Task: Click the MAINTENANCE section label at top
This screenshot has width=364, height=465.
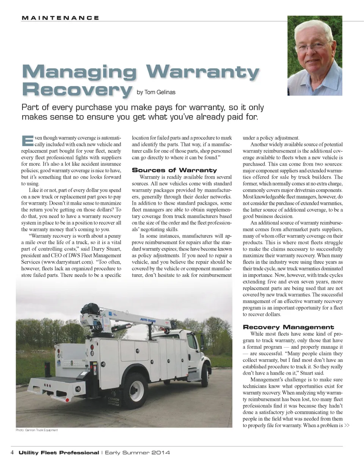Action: tap(60, 18)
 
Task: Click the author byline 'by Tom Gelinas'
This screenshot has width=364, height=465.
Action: tap(154, 92)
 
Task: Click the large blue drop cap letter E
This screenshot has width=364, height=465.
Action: tap(27, 140)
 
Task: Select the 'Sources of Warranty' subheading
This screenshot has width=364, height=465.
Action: tap(174, 170)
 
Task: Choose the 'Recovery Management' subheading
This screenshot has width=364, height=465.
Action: tap(288, 327)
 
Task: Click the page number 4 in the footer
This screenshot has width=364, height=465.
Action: tap(12, 453)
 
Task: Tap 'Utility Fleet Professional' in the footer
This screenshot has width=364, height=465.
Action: tap(58, 453)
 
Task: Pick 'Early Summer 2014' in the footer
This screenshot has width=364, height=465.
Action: tap(137, 453)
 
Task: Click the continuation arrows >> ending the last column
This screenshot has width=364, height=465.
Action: tap(347, 426)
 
